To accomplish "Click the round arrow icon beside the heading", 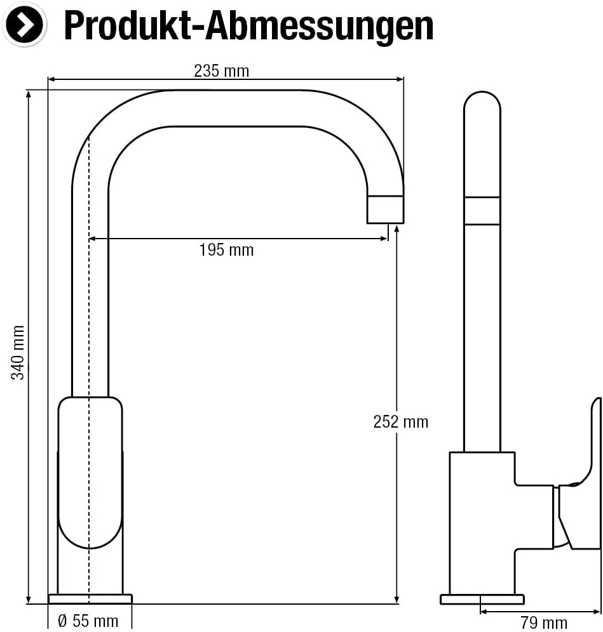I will point(25,24).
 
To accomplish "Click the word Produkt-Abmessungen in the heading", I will point(248,25).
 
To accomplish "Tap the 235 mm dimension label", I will point(221,70).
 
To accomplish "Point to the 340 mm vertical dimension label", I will point(19,353).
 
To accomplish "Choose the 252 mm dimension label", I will point(400,421).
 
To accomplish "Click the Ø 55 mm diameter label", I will point(88,621).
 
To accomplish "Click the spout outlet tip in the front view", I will point(385,209).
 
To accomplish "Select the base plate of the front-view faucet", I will point(90,599).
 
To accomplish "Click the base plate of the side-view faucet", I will point(482,599).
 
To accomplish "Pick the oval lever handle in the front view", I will point(90,472).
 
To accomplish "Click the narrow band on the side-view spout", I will point(482,211).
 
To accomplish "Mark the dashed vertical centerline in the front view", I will point(89,317).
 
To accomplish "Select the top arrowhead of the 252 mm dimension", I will point(396,230).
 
